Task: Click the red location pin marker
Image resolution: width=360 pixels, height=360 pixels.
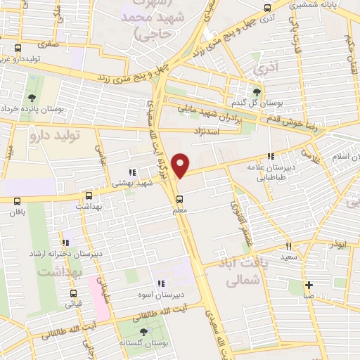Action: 181,165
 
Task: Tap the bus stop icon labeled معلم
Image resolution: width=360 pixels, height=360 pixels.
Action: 180,198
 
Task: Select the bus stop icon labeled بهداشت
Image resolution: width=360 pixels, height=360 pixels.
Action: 88,196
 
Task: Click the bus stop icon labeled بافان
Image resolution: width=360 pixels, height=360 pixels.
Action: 18,200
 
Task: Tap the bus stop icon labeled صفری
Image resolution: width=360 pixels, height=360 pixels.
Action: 18,49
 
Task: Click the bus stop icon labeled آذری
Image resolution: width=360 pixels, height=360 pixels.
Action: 266,8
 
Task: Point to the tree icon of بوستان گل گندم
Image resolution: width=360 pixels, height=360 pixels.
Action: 257,91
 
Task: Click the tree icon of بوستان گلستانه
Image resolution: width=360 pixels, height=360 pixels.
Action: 144,331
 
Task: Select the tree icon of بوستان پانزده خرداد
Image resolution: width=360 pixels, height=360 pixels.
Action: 32,98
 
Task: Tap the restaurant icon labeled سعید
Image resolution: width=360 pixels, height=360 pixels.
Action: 288,246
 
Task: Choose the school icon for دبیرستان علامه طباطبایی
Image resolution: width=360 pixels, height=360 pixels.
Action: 270,157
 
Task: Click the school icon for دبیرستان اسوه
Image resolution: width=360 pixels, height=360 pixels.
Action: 161,283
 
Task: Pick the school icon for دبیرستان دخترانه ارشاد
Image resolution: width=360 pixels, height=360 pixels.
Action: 65,241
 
